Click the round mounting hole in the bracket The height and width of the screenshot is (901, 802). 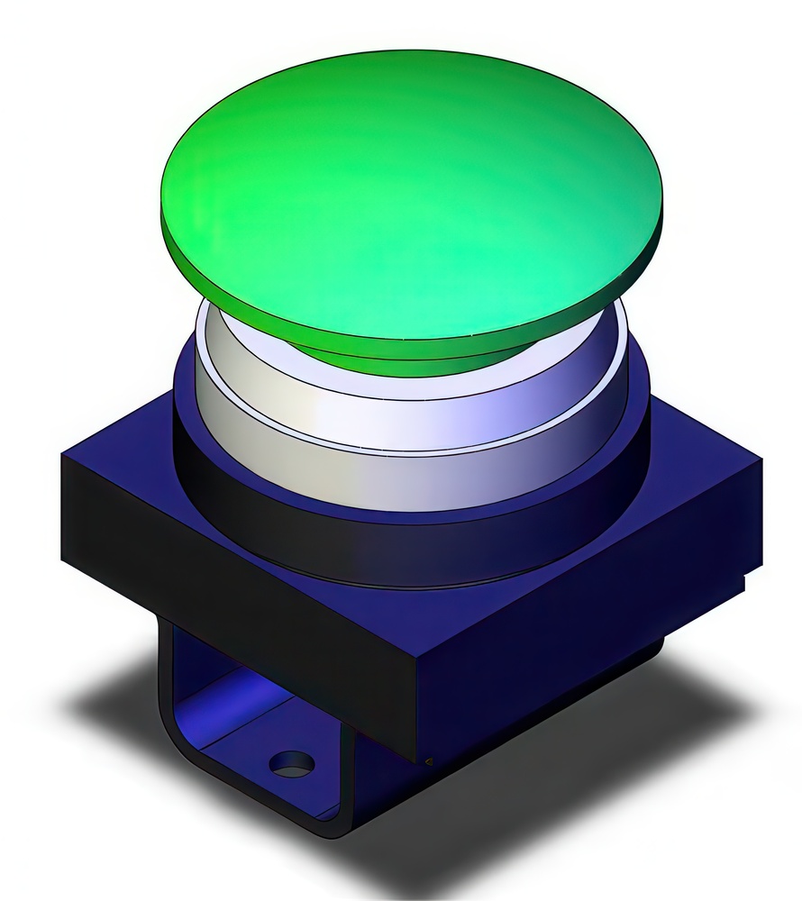point(292,765)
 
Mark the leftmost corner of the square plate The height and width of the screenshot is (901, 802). point(63,460)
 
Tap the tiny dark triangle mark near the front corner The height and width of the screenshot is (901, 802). point(429,760)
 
